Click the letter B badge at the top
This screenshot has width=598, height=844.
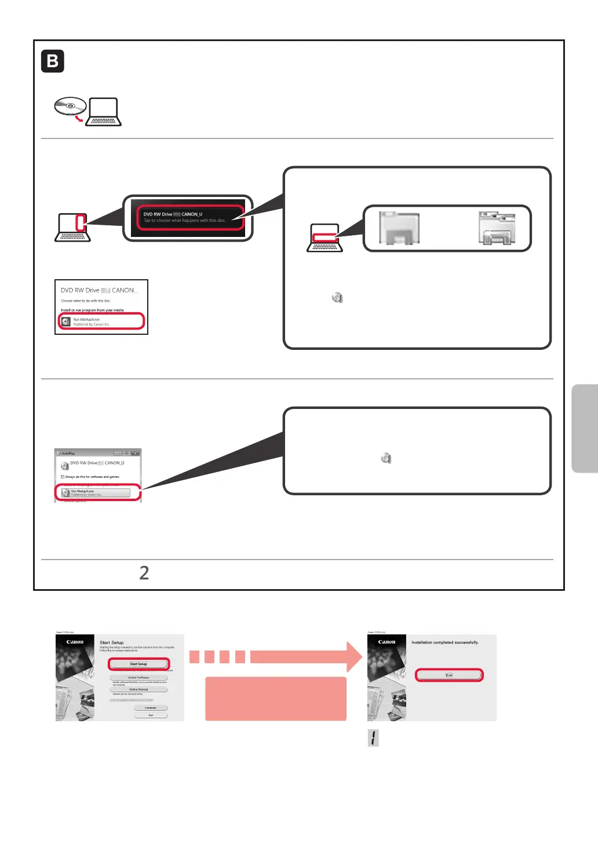[x=53, y=61]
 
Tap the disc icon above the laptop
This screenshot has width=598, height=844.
[x=70, y=107]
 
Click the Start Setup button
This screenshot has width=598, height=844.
[x=138, y=664]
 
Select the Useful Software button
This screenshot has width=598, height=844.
[x=138, y=677]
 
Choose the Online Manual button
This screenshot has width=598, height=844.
[x=138, y=689]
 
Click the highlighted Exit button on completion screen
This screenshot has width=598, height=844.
[x=448, y=675]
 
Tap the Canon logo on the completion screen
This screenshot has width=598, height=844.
[x=386, y=642]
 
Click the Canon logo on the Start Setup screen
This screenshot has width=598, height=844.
[x=75, y=642]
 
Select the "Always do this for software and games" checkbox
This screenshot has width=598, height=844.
[x=63, y=477]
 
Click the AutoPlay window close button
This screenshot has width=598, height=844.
[x=135, y=453]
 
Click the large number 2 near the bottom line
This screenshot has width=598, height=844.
[x=144, y=573]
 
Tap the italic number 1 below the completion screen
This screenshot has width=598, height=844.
[x=374, y=738]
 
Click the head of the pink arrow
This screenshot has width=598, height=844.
[x=353, y=656]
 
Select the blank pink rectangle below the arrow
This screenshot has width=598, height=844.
[x=276, y=699]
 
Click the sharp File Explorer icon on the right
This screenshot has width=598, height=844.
[x=497, y=228]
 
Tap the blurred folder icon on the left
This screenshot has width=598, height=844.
[x=399, y=228]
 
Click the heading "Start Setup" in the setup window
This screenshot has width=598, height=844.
[x=111, y=642]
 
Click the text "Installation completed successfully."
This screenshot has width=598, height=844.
[x=445, y=642]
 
